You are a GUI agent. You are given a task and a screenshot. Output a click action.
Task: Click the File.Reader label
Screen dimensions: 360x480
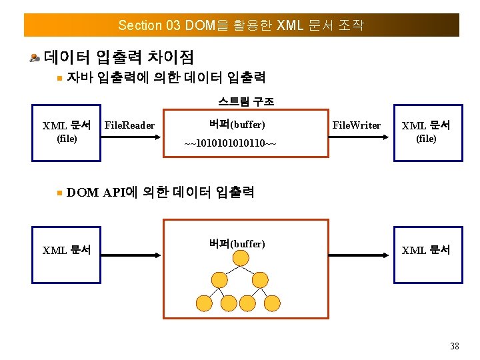(130, 125)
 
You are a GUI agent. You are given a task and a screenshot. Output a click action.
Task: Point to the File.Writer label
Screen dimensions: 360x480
(357, 125)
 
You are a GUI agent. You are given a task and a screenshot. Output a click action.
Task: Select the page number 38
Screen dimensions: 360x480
(455, 345)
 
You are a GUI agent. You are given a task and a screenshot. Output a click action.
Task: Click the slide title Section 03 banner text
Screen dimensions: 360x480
(241, 25)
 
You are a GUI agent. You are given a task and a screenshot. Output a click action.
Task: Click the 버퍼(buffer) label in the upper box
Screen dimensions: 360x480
(237, 125)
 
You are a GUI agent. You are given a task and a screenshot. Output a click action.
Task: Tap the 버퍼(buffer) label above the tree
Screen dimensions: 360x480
(237, 244)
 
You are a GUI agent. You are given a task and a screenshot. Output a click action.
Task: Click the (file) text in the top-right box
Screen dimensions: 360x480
(426, 139)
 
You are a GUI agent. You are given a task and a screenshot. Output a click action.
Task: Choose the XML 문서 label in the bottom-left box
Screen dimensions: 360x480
(67, 251)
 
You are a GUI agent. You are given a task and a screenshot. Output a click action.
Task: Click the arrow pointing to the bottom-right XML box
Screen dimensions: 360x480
(360, 254)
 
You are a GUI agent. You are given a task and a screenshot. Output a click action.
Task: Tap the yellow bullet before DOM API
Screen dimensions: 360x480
(59, 193)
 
